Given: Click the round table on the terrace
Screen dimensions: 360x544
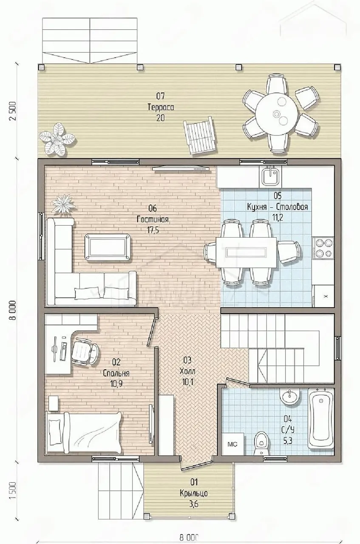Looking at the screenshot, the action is point(277,114).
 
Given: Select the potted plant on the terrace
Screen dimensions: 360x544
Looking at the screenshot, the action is point(57,139).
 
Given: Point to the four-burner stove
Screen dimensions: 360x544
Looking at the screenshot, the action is point(323,247).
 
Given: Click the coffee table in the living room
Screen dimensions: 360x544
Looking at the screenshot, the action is point(108,247).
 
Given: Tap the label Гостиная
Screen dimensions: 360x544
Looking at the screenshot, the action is point(153,220).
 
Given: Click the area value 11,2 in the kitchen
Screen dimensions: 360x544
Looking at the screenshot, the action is point(278,217).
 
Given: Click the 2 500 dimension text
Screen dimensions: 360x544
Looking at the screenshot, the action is point(13,111).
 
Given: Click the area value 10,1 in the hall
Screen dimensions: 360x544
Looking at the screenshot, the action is point(187,382).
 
